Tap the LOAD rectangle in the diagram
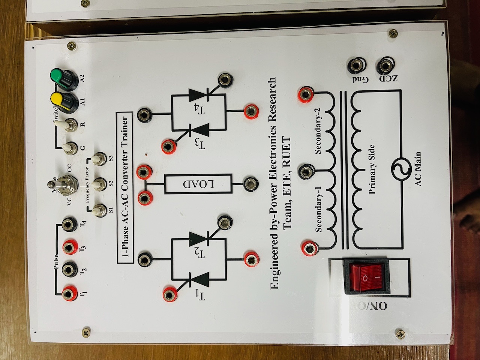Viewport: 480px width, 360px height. (x=199, y=184)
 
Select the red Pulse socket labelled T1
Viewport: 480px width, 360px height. (x=69, y=292)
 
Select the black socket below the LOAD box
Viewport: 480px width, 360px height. (x=249, y=184)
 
